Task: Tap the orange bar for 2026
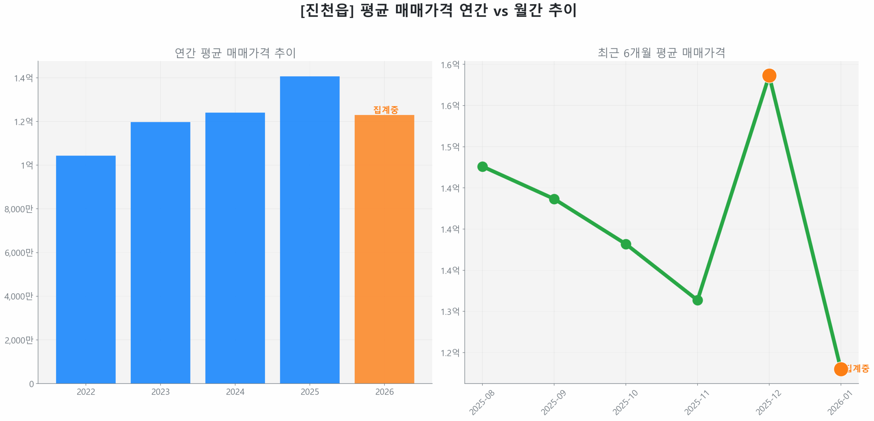384,249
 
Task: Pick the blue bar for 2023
160,252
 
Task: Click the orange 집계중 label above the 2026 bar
385,110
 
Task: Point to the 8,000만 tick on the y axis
19,208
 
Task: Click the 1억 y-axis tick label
27,165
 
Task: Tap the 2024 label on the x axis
235,391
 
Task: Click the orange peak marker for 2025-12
769,75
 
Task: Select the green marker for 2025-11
697,300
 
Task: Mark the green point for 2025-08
482,166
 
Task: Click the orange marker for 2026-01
840,369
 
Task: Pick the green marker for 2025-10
625,244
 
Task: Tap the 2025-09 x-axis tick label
553,402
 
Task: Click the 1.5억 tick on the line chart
450,147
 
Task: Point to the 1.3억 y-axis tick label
450,311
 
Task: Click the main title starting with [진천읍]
438,10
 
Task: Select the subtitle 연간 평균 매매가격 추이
235,53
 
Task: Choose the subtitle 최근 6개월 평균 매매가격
661,53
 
